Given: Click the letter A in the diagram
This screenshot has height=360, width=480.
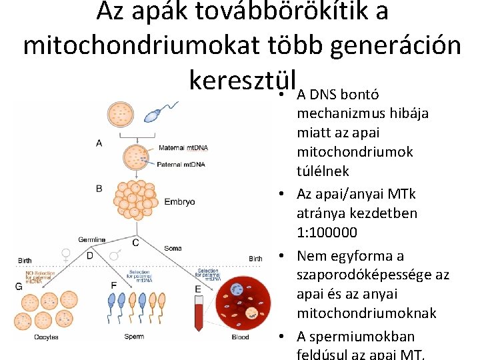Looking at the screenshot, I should click(x=99, y=143).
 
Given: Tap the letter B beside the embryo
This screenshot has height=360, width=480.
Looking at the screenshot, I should click(x=99, y=189).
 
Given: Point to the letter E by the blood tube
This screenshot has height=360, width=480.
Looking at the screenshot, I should click(x=198, y=289).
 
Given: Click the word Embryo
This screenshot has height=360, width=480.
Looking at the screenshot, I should click(x=179, y=201).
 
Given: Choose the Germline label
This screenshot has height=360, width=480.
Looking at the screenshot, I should click(x=91, y=239).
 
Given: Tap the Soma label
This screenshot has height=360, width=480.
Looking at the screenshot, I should click(x=173, y=248).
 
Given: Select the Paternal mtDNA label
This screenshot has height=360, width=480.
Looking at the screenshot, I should click(x=181, y=163).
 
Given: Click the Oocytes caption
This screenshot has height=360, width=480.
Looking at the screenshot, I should click(x=46, y=337).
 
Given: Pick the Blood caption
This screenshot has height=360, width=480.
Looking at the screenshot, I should click(x=241, y=337).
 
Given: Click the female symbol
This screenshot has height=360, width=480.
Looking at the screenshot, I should click(x=66, y=254).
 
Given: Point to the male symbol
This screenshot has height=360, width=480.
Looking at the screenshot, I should click(x=114, y=255).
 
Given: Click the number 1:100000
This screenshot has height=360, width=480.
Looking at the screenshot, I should click(x=327, y=233).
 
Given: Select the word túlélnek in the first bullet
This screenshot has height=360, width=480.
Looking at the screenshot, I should click(x=323, y=171).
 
